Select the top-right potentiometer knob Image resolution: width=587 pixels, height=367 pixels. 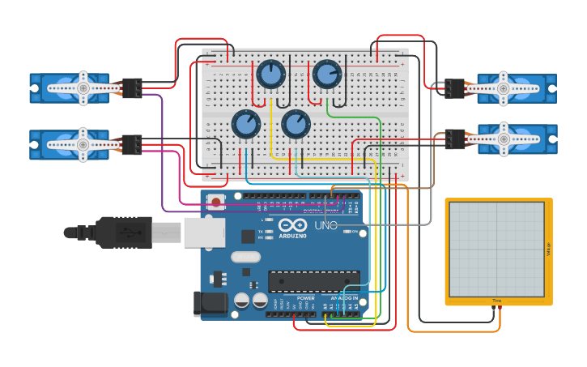click(x=326, y=75)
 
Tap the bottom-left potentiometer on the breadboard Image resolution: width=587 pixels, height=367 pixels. click(x=245, y=125)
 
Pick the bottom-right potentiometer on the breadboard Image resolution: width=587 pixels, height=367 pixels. click(x=296, y=125)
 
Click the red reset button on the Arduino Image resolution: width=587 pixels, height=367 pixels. click(x=215, y=201)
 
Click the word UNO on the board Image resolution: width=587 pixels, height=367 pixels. click(x=325, y=226)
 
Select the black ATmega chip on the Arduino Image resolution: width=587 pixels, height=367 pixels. click(x=313, y=281)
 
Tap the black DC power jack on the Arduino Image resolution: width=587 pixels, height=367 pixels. click(x=207, y=304)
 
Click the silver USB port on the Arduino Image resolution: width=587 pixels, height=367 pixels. click(x=203, y=232)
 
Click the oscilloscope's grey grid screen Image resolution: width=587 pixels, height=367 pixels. click(x=497, y=249)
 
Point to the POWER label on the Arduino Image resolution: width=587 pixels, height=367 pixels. click(x=305, y=297)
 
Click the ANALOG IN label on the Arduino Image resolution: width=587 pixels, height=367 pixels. click(x=345, y=297)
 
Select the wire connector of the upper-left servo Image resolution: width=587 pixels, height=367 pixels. click(x=131, y=87)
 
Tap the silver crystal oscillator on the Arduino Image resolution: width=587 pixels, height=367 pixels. click(x=247, y=257)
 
